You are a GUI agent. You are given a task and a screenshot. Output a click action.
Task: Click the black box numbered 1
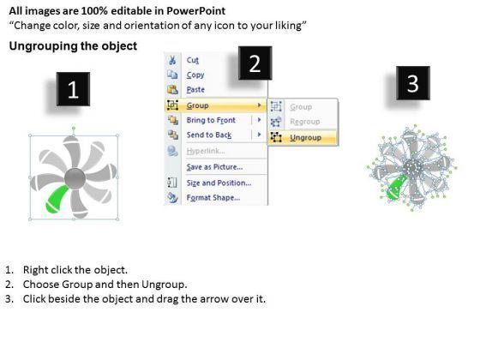point(73,89)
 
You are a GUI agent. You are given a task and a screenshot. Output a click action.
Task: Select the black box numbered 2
point(255,63)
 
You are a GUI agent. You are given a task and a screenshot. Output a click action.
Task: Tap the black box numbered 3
point(413,83)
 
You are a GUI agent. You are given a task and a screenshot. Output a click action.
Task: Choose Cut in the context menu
point(193,60)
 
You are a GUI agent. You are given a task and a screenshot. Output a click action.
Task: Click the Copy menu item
point(195,75)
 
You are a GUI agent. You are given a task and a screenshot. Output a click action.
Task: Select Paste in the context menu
point(195,89)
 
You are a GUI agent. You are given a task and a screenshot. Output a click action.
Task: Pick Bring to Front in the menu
point(211,120)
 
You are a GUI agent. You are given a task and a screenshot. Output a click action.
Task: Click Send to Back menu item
point(209,135)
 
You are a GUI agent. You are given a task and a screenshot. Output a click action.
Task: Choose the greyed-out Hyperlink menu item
point(206,151)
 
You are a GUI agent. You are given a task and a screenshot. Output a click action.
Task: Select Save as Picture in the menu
point(214,167)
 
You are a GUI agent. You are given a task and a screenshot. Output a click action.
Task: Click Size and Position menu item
point(219,183)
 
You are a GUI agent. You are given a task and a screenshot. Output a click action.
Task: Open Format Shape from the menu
point(213,197)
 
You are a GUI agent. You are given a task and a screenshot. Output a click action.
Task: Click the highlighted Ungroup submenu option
point(305,137)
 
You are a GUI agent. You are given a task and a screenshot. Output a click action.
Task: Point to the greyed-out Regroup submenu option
point(305,122)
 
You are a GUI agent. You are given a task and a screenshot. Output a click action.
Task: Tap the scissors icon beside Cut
point(172,60)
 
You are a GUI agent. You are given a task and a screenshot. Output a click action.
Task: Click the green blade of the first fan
point(56,200)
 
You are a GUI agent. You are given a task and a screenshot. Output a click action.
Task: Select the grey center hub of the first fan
point(75,178)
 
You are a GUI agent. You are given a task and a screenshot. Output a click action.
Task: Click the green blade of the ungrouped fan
point(396,188)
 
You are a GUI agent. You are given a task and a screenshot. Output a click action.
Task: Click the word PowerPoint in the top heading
point(196,11)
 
